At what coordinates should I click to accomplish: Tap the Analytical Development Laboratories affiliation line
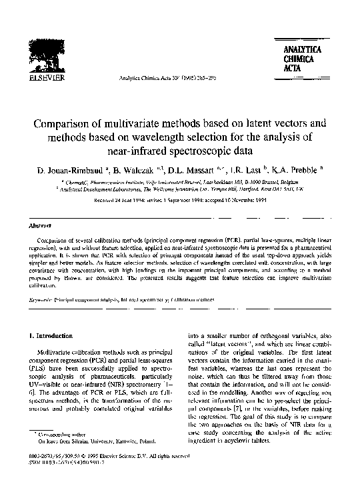[180, 189]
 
